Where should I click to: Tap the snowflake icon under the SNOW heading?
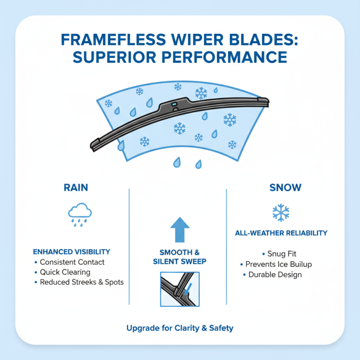click(281, 212)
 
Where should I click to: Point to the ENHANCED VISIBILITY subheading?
click(72, 252)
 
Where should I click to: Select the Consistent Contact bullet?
click(72, 262)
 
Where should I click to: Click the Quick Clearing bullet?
click(65, 272)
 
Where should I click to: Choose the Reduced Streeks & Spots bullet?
click(81, 282)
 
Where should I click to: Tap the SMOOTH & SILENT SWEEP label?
click(180, 257)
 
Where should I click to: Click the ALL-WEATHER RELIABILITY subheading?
click(281, 233)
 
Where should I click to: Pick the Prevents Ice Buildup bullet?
click(279, 264)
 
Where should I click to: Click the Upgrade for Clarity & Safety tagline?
click(180, 328)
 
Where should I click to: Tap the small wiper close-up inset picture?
click(180, 288)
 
